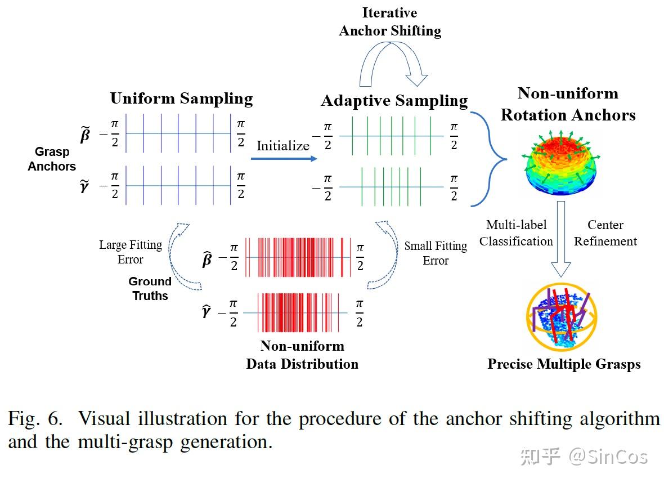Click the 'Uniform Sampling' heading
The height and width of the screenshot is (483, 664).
point(181,99)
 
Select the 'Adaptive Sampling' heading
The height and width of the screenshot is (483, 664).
point(394,101)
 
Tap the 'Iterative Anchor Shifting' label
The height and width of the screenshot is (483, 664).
point(390,21)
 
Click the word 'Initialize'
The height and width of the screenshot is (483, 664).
point(283,146)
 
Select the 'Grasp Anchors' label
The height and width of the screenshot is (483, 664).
point(52,159)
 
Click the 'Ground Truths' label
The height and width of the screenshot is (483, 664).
point(150,288)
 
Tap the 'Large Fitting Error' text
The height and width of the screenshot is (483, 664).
point(131,252)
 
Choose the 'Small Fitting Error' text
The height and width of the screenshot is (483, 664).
point(436,253)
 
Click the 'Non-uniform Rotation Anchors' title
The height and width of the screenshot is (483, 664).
point(568,104)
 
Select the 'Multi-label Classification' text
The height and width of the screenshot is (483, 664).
point(516,233)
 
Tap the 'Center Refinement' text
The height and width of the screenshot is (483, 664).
point(605,233)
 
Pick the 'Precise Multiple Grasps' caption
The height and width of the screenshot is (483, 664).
point(564,364)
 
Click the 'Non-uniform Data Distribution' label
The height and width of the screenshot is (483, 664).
point(302,355)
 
